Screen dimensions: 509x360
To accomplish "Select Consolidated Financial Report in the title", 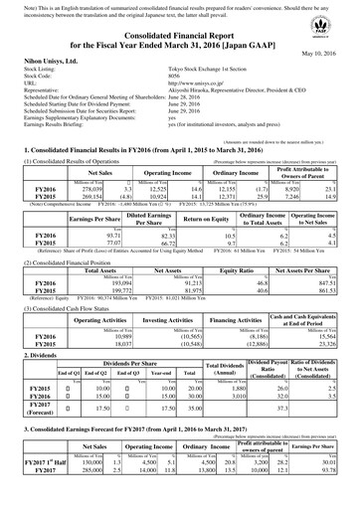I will tap(180, 34).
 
